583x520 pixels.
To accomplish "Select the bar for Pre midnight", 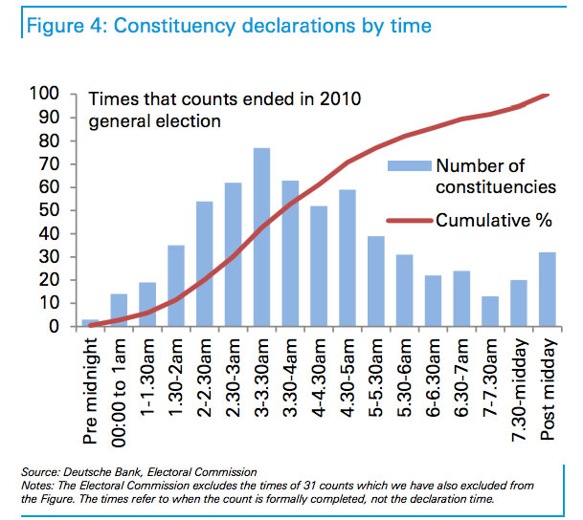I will [91, 323].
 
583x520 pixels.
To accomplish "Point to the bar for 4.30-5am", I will [347, 258].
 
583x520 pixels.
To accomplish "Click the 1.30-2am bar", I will [175, 286].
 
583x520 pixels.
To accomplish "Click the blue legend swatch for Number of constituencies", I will [407, 165].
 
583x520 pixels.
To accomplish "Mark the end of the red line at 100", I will [546, 94].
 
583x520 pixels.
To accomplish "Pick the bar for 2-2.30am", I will [204, 264].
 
